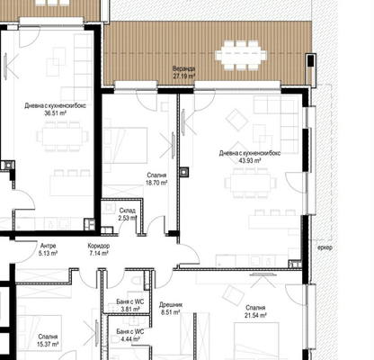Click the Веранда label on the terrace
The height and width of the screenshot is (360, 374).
pos(183,69)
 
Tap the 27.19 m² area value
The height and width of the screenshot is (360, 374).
pos(183,76)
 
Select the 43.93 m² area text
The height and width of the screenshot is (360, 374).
pos(250,160)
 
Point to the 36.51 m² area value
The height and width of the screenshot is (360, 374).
pos(55,113)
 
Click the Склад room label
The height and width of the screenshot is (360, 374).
pos(128,211)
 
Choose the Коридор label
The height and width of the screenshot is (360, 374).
pos(99,246)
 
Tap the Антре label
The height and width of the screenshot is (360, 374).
pos(48,246)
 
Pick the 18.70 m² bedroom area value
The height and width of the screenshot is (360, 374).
pos(156,183)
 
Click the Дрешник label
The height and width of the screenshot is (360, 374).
pos(171,305)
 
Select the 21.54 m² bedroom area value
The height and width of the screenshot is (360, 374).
pos(255,315)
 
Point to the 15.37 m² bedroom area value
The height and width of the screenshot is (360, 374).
pos(48,345)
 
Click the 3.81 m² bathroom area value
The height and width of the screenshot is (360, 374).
pos(130,309)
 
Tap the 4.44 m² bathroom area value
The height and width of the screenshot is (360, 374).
pos(130,339)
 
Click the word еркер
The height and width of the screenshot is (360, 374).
pos(325,247)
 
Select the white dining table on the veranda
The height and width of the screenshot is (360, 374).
pos(241,56)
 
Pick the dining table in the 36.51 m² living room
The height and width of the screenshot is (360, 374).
pos(63,137)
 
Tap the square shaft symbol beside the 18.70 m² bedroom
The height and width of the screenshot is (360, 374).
pos(183,172)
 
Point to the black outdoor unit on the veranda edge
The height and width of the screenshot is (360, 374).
pos(311,70)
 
